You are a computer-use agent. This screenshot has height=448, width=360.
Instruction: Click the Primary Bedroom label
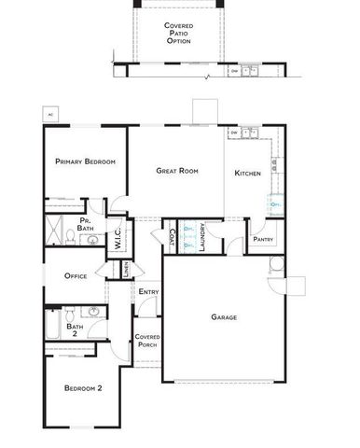(x=85, y=161)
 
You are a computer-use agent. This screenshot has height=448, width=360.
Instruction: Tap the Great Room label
(x=177, y=171)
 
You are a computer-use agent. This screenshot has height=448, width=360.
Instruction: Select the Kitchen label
(x=247, y=174)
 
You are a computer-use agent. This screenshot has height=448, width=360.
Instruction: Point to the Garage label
(x=223, y=317)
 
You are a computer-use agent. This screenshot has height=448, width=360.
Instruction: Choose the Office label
(x=76, y=276)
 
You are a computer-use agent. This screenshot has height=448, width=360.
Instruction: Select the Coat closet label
(x=173, y=237)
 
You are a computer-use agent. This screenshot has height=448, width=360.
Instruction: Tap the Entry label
(x=147, y=292)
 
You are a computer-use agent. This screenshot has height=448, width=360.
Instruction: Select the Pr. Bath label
(x=86, y=225)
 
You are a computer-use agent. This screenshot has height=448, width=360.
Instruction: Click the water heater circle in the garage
(x=275, y=264)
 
